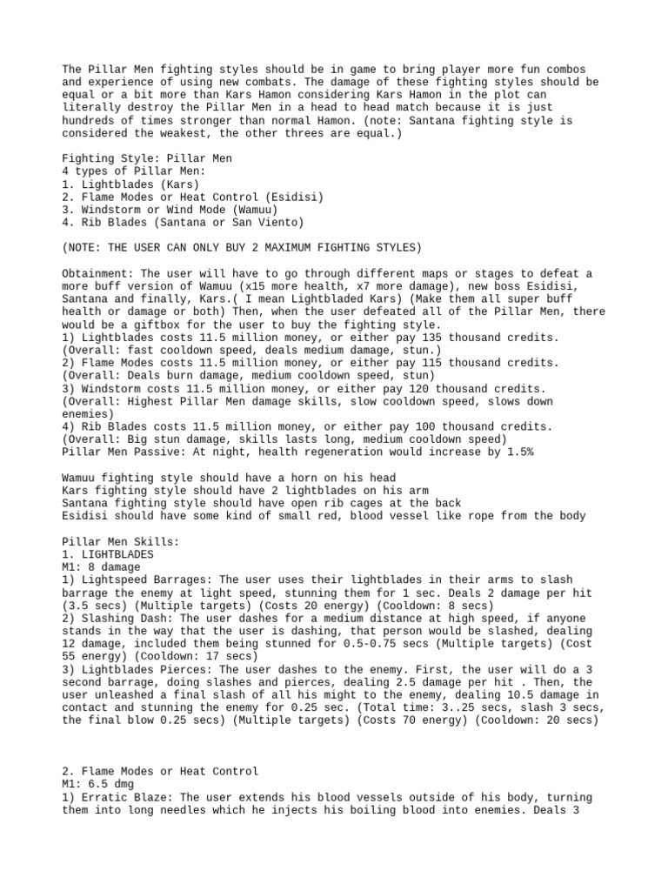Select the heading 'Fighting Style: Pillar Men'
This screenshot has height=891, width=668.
(x=146, y=158)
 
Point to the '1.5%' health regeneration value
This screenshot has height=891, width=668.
(x=517, y=452)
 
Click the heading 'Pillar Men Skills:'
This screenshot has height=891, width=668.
(x=121, y=541)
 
